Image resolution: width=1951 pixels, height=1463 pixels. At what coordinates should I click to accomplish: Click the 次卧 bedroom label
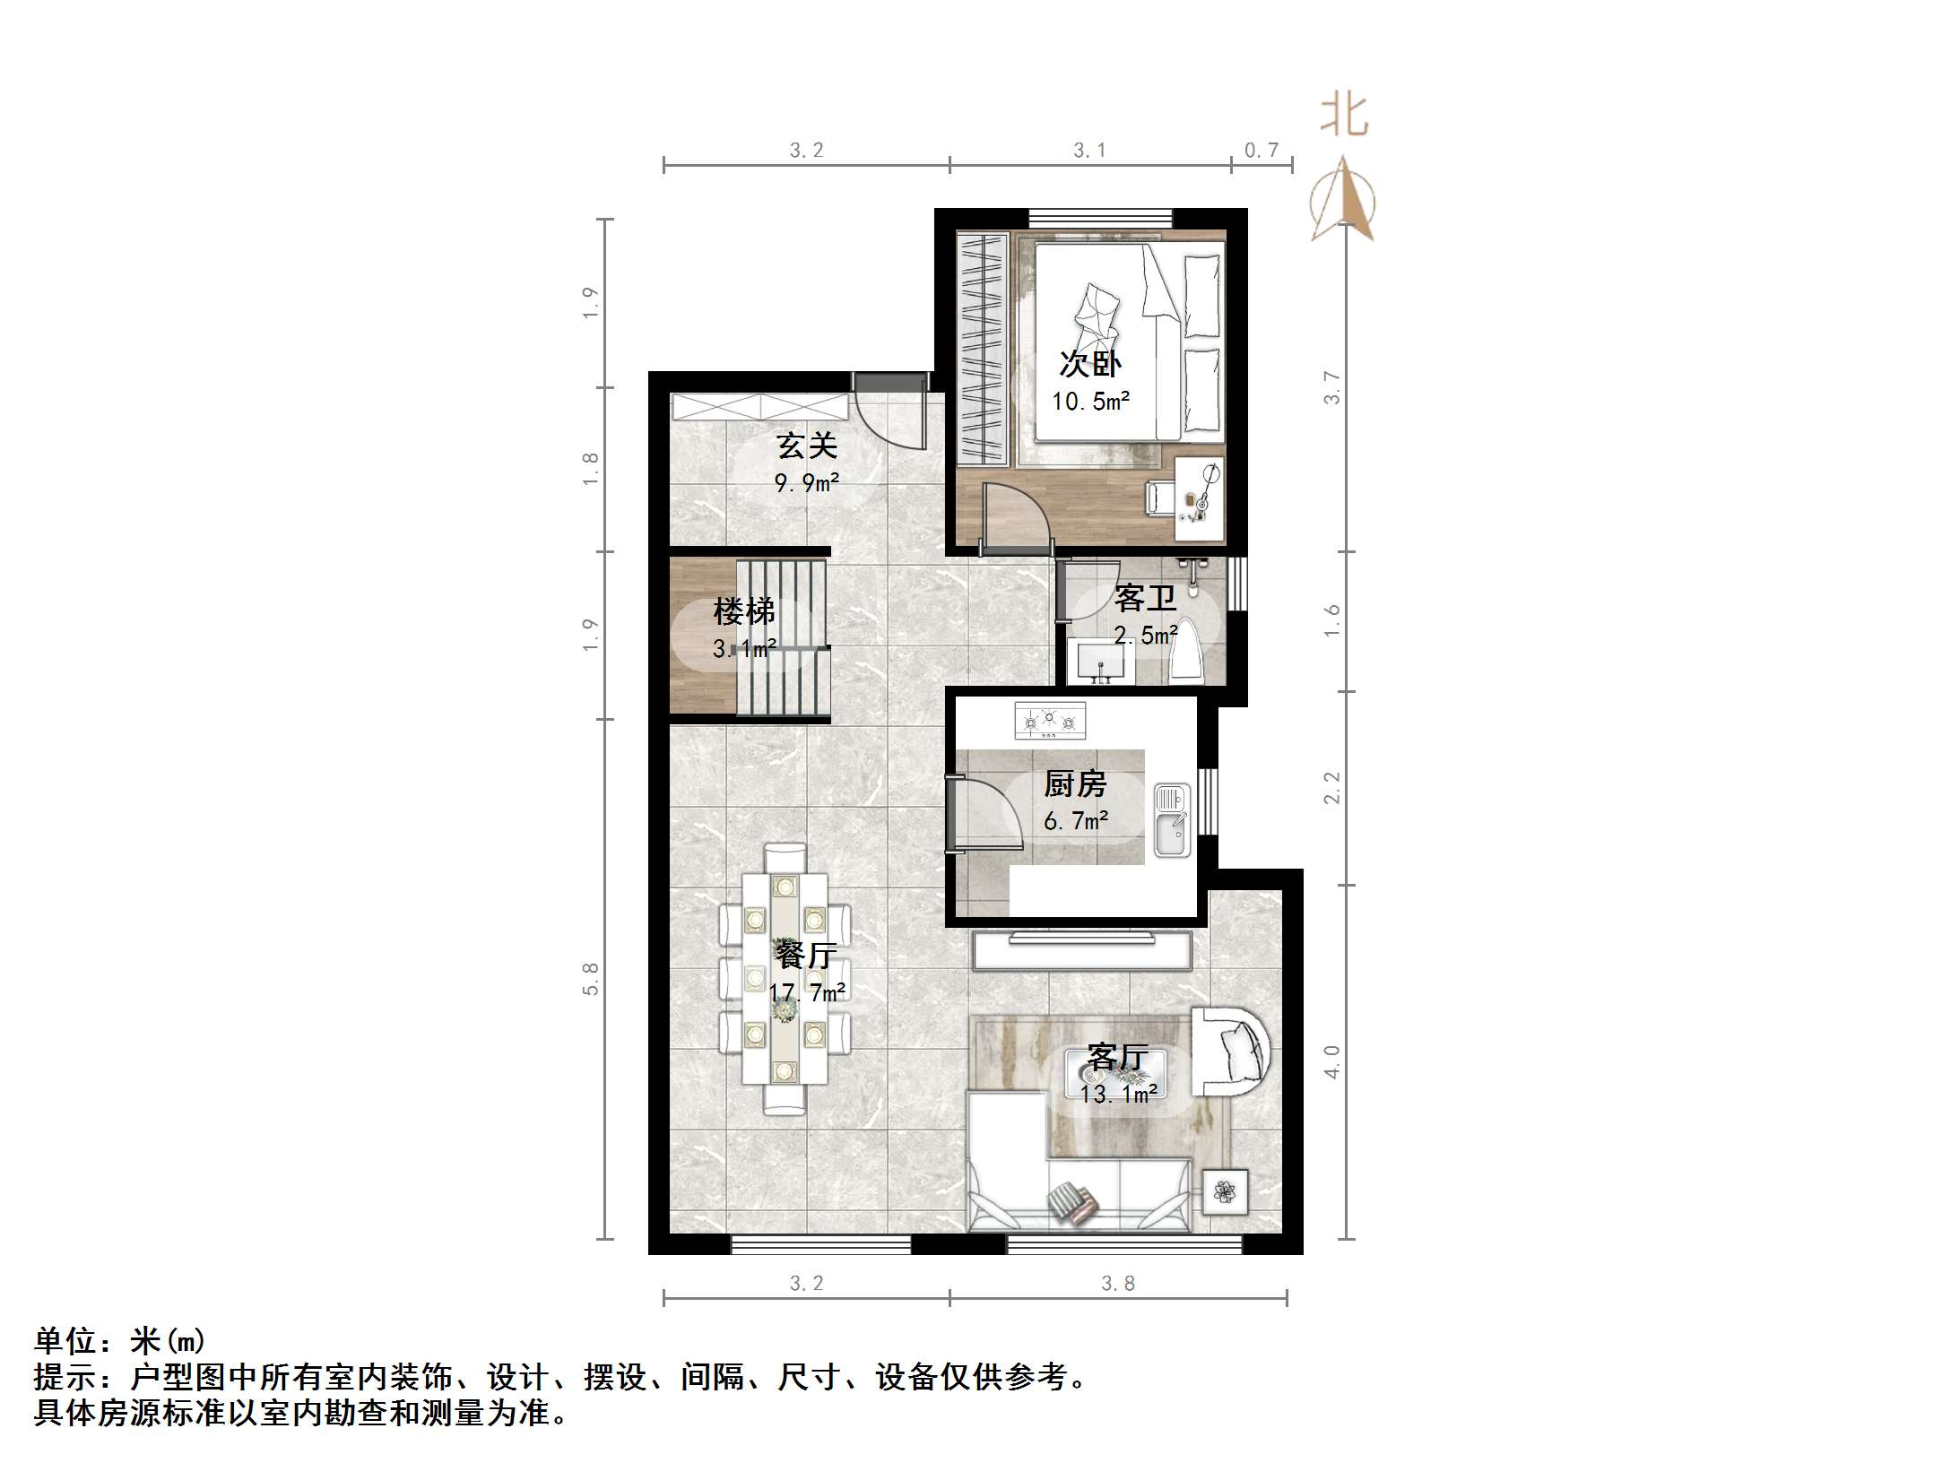point(1089,363)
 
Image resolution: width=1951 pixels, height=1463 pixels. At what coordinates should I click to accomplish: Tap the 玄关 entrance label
point(806,446)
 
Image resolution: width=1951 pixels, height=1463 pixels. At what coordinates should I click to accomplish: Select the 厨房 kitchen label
point(1074,784)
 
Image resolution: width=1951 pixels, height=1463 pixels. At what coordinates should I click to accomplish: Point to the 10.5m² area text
point(1090,402)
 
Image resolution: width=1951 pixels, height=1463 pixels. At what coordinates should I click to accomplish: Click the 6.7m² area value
point(1075,820)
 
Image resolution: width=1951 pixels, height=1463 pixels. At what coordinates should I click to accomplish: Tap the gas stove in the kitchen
point(1049,720)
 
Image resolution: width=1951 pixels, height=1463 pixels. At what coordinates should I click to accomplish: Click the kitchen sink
point(1172,819)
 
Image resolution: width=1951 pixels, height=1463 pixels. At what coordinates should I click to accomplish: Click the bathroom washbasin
point(1101,662)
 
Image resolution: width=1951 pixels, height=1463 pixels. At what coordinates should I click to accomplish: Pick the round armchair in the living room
point(1232,1051)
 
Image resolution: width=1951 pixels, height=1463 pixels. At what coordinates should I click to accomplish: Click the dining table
point(785,978)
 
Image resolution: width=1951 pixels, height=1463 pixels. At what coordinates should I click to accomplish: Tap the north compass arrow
point(1342,199)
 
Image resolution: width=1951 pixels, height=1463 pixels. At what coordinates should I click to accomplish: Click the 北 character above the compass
point(1343,117)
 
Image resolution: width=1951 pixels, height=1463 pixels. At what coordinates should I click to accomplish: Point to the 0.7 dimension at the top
point(1261,151)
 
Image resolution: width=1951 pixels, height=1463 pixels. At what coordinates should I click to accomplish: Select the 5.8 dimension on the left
point(590,979)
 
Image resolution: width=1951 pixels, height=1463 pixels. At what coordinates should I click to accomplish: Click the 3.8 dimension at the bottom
point(1117,1284)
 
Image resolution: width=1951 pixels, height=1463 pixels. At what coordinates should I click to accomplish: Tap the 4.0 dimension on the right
point(1331,1061)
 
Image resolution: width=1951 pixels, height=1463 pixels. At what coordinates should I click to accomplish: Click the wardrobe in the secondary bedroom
point(983,348)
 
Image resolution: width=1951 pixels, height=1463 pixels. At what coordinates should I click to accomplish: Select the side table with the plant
point(1224,1191)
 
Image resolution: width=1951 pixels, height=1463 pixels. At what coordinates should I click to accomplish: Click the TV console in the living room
point(1081,950)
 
